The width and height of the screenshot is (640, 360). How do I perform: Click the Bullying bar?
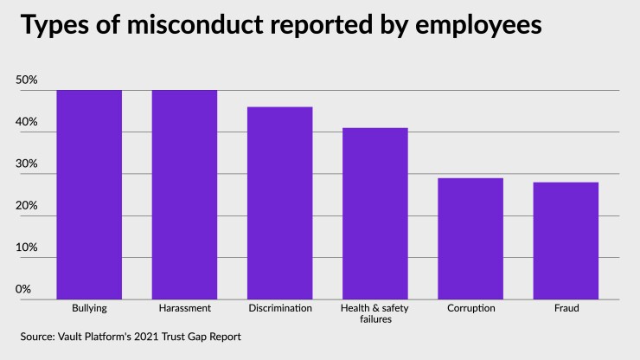pos(89,195)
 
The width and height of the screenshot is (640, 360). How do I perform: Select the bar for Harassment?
pos(184,195)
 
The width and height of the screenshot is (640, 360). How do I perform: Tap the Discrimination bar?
pos(279,203)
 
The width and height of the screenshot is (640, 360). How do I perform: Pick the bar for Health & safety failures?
pos(374,214)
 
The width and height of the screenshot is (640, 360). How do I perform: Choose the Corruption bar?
pos(470,239)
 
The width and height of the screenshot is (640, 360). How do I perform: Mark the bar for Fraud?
pos(565,241)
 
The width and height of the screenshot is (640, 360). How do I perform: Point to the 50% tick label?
pos(27,80)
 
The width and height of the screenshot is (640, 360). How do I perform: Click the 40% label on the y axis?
pos(27,123)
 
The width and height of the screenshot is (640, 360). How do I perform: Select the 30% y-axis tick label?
pos(27,164)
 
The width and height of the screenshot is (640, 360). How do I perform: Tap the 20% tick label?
pos(27,206)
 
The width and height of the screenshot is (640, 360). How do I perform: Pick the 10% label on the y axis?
pos(27,247)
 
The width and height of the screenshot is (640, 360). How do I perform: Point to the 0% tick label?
pos(23,289)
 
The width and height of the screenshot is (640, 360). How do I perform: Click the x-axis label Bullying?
pos(89,308)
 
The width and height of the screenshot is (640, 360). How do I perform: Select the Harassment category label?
pos(184,308)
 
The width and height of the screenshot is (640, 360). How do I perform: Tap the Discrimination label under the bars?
pos(279,308)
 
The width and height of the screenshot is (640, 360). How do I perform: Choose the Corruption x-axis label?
pos(470,308)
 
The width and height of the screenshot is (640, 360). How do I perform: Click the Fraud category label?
pos(565,308)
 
